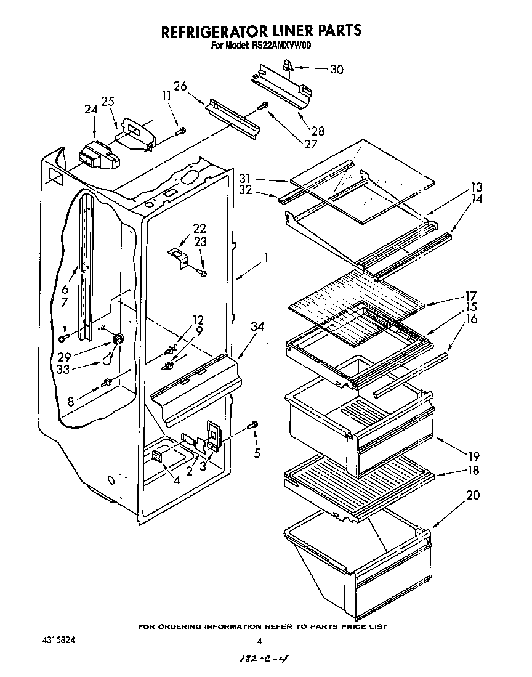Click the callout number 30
tap(336, 70)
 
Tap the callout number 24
tap(91, 110)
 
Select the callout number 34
tap(257, 328)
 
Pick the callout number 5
tap(257, 454)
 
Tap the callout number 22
tap(199, 228)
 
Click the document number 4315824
tap(60, 641)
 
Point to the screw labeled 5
tap(253, 425)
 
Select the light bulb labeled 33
tap(108, 357)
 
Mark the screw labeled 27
tap(264, 106)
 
